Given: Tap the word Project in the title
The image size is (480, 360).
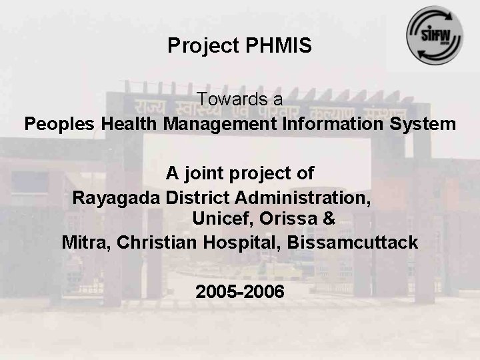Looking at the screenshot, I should (x=195, y=45).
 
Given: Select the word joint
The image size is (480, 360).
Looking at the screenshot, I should (x=208, y=173).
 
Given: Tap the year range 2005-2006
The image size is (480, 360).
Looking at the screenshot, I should (x=240, y=292).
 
